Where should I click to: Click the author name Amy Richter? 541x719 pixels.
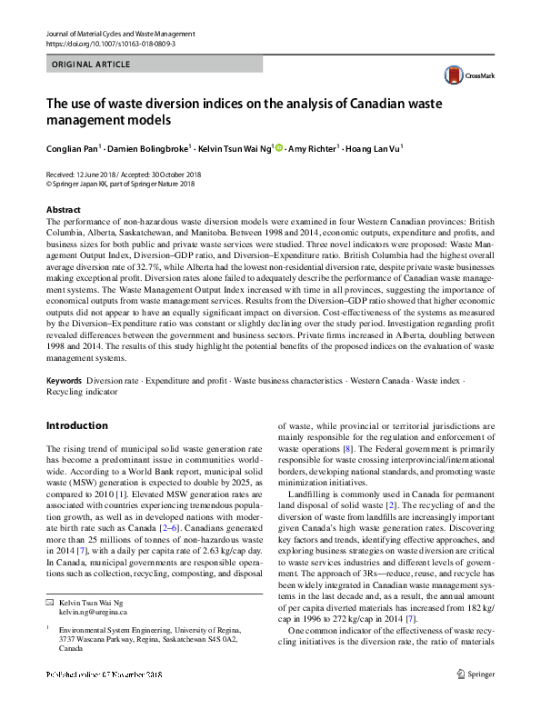(x=311, y=147)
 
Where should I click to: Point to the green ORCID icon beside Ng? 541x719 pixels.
(x=279, y=147)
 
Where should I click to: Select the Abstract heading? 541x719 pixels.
(x=64, y=210)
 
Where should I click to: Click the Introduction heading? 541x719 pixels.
(x=76, y=425)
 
